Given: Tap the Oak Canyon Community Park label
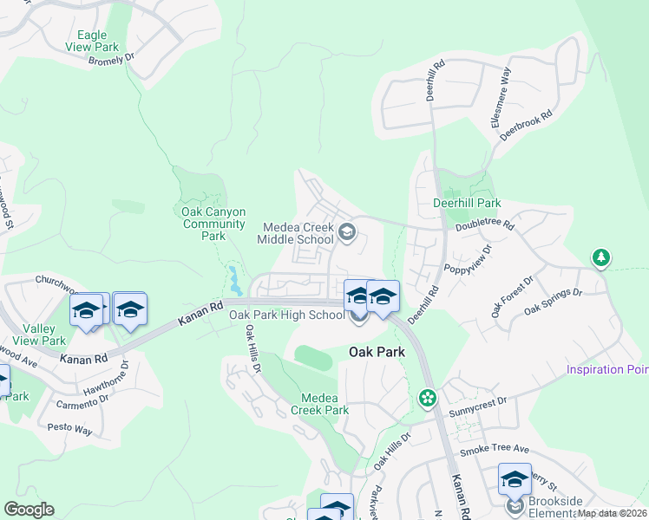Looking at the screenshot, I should [x=213, y=224].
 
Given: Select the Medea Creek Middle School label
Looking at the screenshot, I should [x=298, y=233].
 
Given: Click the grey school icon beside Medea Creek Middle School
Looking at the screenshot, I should [x=347, y=231].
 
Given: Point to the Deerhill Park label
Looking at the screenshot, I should [x=467, y=203].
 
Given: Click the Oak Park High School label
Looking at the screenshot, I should [x=287, y=315].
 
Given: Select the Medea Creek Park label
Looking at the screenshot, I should [x=319, y=404].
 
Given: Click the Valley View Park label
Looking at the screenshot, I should [x=45, y=335].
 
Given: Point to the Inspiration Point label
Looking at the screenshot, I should [x=607, y=370].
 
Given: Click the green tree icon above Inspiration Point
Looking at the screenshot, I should [x=600, y=258].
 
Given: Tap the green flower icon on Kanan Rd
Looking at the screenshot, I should [x=427, y=399].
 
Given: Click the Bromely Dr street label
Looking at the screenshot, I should [x=113, y=58].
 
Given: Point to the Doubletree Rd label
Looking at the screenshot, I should [x=484, y=225].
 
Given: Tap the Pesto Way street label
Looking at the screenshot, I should [x=71, y=429].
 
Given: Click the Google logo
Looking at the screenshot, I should [x=29, y=510].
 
